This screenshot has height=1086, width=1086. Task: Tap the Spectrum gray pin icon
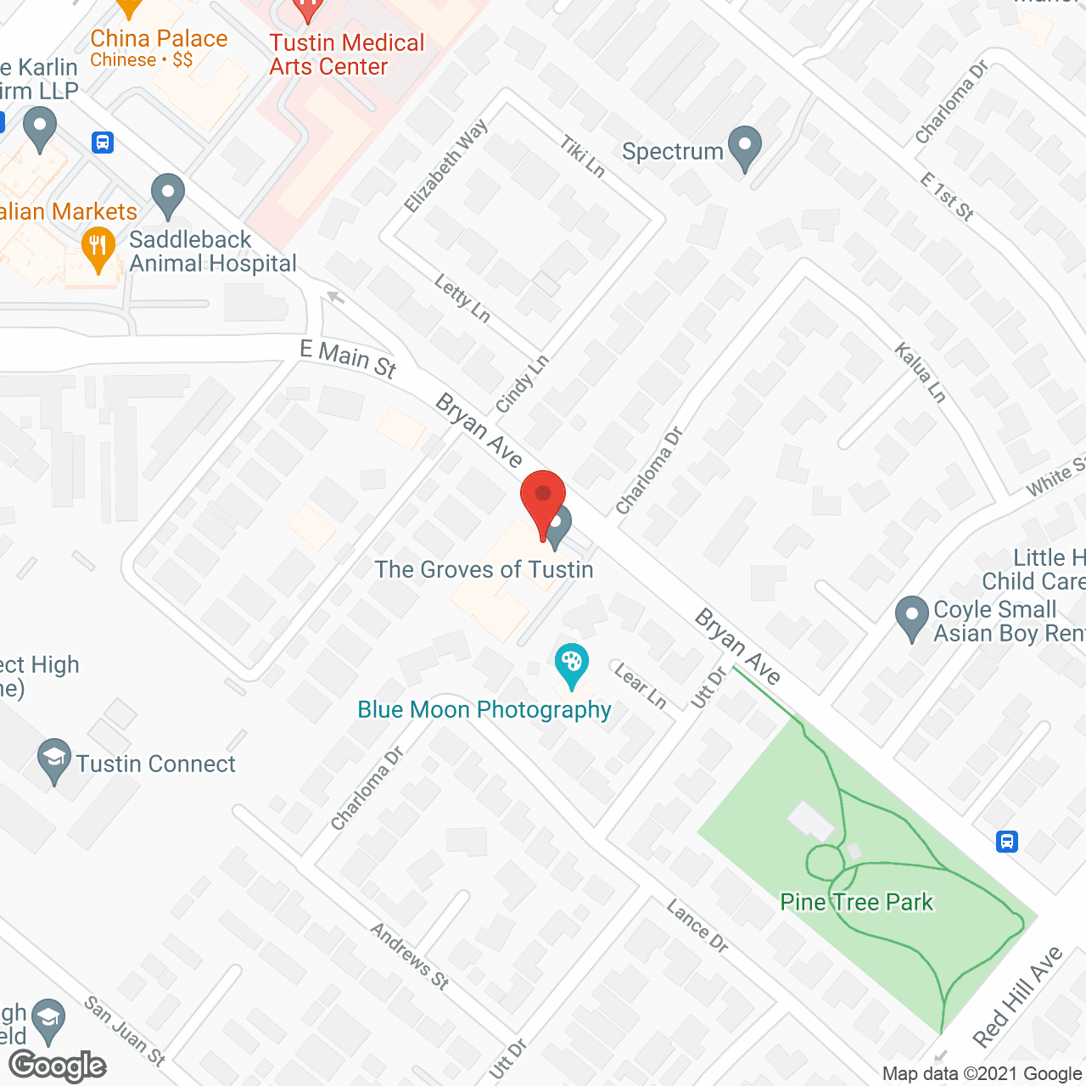745,147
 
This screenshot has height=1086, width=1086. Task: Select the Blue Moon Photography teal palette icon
571,664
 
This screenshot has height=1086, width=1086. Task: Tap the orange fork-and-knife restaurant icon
98,249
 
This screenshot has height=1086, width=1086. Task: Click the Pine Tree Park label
856,902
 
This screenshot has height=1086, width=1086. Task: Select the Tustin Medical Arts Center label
346,54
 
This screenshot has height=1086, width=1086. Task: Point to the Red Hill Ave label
1017,996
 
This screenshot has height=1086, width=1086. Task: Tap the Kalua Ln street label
920,372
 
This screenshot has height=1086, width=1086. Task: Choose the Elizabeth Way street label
446,165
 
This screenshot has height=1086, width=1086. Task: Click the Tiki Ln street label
582,157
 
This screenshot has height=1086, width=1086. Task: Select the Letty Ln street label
462,299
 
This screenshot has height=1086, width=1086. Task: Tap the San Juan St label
125,1030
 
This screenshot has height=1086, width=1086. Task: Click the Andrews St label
409,956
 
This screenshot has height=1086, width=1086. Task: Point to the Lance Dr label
697,926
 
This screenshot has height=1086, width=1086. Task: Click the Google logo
58,1066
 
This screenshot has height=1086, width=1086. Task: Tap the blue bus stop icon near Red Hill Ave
1007,842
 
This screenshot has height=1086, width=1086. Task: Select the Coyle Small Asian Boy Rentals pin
912,617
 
